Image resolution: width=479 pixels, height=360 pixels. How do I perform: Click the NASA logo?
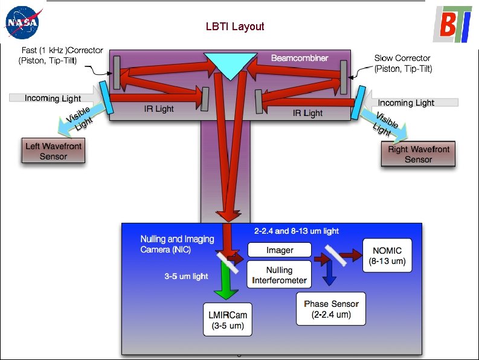click(x=22, y=24)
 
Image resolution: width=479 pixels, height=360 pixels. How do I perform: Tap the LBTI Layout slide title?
click(x=235, y=27)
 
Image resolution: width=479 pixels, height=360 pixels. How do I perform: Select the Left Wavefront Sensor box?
click(x=53, y=151)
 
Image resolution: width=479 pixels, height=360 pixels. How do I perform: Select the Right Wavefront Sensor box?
click(x=418, y=154)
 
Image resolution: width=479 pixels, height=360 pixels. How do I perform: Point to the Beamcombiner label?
click(x=300, y=58)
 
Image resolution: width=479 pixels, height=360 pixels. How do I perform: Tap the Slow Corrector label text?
click(x=403, y=63)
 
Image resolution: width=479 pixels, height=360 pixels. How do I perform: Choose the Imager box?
click(x=280, y=250)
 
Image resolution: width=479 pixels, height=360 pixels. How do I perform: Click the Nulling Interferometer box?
click(x=279, y=275)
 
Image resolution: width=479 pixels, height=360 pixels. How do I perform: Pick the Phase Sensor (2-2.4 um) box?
click(x=331, y=309)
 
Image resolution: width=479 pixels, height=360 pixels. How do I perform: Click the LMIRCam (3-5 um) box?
click(x=227, y=320)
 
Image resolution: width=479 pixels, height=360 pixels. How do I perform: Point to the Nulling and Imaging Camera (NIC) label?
click(x=177, y=243)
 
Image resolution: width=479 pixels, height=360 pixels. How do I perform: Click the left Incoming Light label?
click(x=53, y=98)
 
